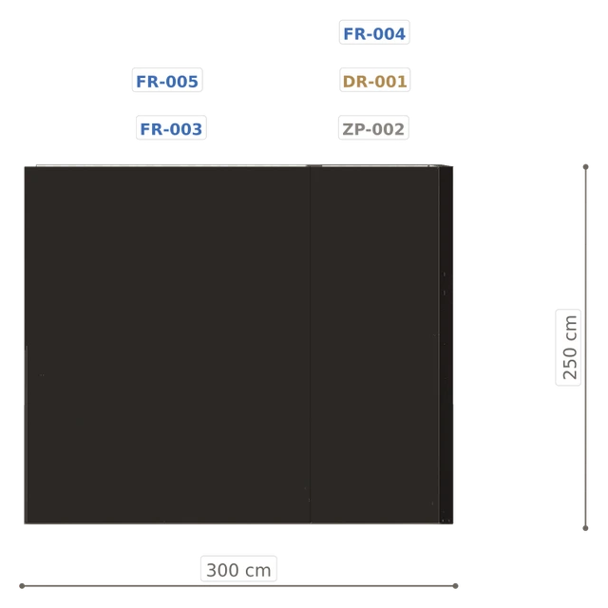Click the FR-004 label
click(x=374, y=32)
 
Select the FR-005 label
click(x=167, y=80)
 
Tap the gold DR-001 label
click(x=374, y=80)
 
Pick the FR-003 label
click(x=171, y=128)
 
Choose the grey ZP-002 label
click(x=373, y=128)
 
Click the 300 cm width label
click(x=238, y=569)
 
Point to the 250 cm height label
click(x=568, y=348)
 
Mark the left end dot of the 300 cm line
click(x=22, y=586)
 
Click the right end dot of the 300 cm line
click(x=456, y=586)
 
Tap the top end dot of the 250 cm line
click(x=586, y=167)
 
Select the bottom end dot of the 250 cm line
click(x=586, y=528)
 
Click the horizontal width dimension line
click(x=238, y=586)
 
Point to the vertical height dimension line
click(x=586, y=348)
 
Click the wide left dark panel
click(x=167, y=345)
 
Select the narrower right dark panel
click(x=374, y=345)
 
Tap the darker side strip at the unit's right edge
click(x=446, y=345)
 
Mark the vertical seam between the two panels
click(x=311, y=345)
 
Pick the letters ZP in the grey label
click(x=353, y=129)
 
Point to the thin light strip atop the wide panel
click(x=172, y=165)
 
